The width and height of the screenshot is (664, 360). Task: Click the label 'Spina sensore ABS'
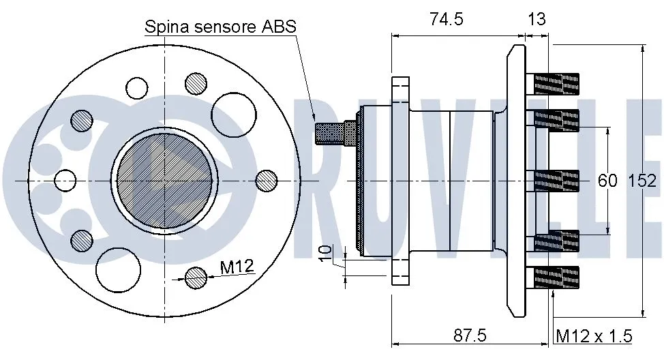(x=220, y=27)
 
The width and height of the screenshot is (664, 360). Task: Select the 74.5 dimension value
(x=447, y=19)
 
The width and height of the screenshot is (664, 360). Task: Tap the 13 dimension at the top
(x=537, y=19)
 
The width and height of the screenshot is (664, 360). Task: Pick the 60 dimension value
(x=607, y=181)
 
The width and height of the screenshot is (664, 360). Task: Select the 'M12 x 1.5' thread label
(x=594, y=335)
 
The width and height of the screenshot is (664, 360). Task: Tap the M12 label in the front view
(x=237, y=267)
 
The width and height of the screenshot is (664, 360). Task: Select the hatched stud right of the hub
(x=267, y=180)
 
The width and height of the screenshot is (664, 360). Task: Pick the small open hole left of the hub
(x=65, y=180)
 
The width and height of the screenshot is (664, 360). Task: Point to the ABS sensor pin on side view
(x=335, y=131)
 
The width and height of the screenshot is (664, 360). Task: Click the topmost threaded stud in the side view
(x=556, y=85)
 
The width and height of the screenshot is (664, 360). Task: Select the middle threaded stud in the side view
(x=556, y=181)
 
